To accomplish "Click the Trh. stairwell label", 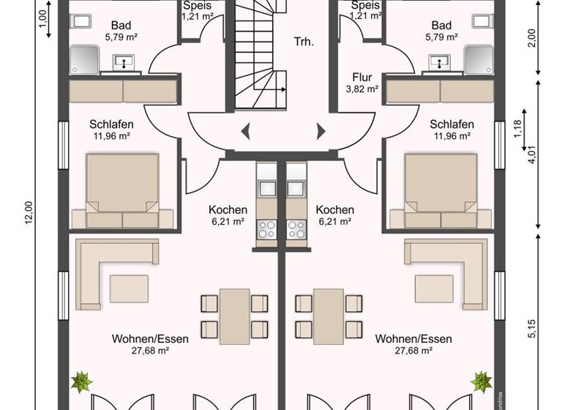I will pos(303,42).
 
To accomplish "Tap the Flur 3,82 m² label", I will pos(361,83).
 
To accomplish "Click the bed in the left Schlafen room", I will pos(123,190).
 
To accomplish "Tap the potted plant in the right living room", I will pos(482,381).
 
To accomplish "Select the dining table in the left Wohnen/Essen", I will pos(235,313).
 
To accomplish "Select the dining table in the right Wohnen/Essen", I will pos(329,313).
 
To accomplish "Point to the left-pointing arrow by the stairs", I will pos(246,131).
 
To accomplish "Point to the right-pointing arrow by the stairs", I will pos(321,131).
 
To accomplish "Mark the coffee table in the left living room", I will pos(129,288).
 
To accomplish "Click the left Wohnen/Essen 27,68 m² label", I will pos(151,345).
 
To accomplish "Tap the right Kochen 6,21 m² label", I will pos(336,215).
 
